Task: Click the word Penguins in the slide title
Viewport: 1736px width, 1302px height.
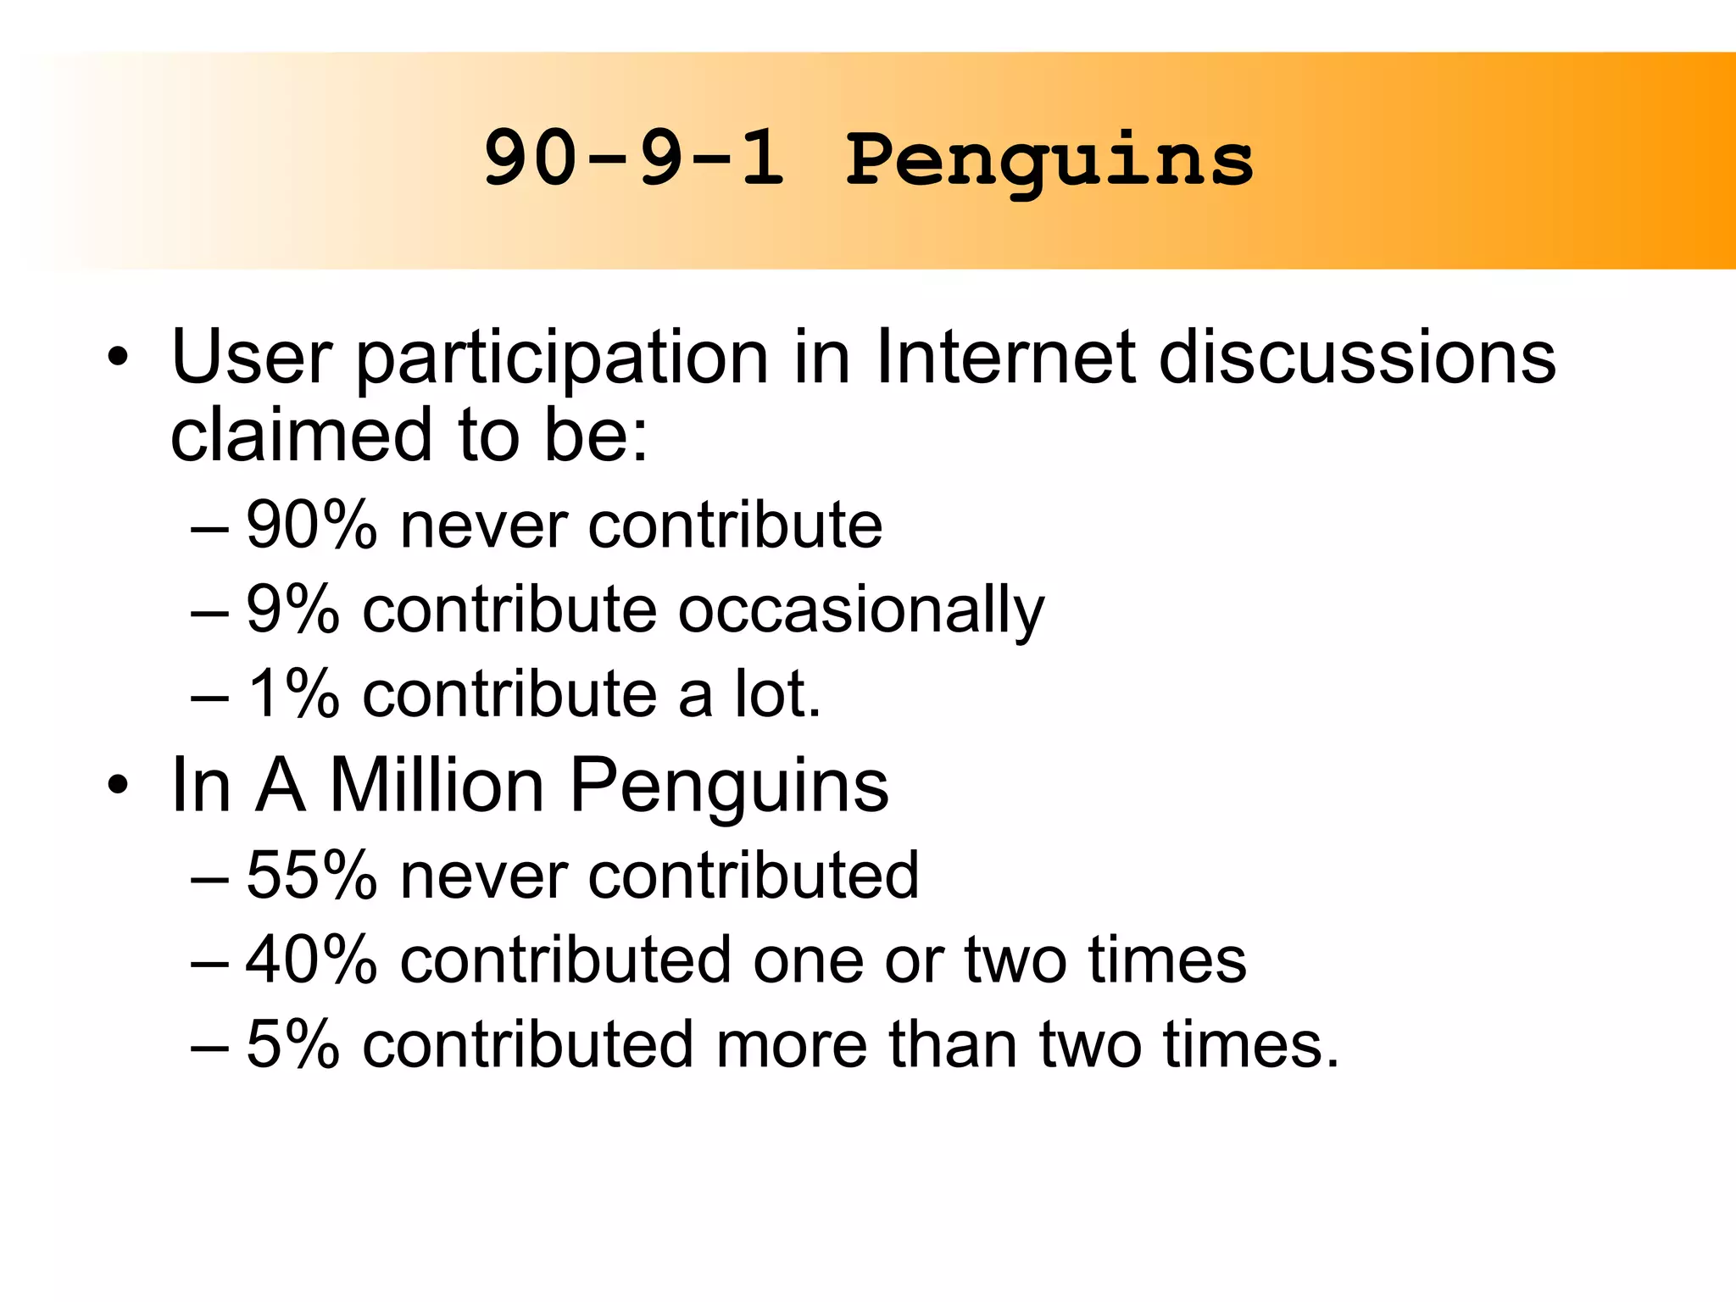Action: (x=1049, y=161)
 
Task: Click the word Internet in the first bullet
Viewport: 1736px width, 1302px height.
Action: (x=1005, y=358)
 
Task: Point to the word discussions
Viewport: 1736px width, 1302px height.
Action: (x=1357, y=358)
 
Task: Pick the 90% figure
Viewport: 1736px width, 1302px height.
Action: (x=311, y=526)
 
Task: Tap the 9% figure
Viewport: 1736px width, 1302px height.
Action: (x=292, y=609)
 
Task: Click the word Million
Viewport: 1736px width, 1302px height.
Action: (x=437, y=786)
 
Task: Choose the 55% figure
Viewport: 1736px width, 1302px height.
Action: (x=311, y=875)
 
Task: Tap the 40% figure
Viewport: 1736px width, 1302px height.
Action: (x=311, y=960)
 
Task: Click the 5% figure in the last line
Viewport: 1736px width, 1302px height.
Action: (x=292, y=1044)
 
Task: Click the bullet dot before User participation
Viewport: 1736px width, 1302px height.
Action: (x=118, y=359)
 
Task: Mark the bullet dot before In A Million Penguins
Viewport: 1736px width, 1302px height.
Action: (x=118, y=787)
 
